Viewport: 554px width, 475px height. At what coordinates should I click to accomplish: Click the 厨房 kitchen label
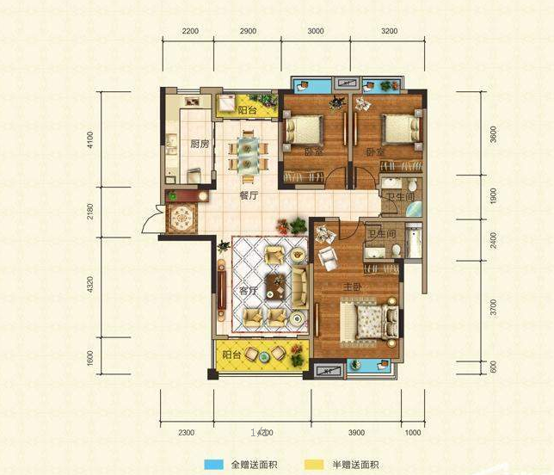click(x=199, y=144)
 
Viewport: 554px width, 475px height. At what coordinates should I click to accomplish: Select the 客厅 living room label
click(x=249, y=292)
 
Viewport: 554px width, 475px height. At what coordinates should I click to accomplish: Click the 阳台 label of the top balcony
click(x=248, y=111)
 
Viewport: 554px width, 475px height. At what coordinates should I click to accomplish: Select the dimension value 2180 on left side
click(x=89, y=212)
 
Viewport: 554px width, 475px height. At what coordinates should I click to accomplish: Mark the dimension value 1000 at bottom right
click(x=414, y=432)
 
